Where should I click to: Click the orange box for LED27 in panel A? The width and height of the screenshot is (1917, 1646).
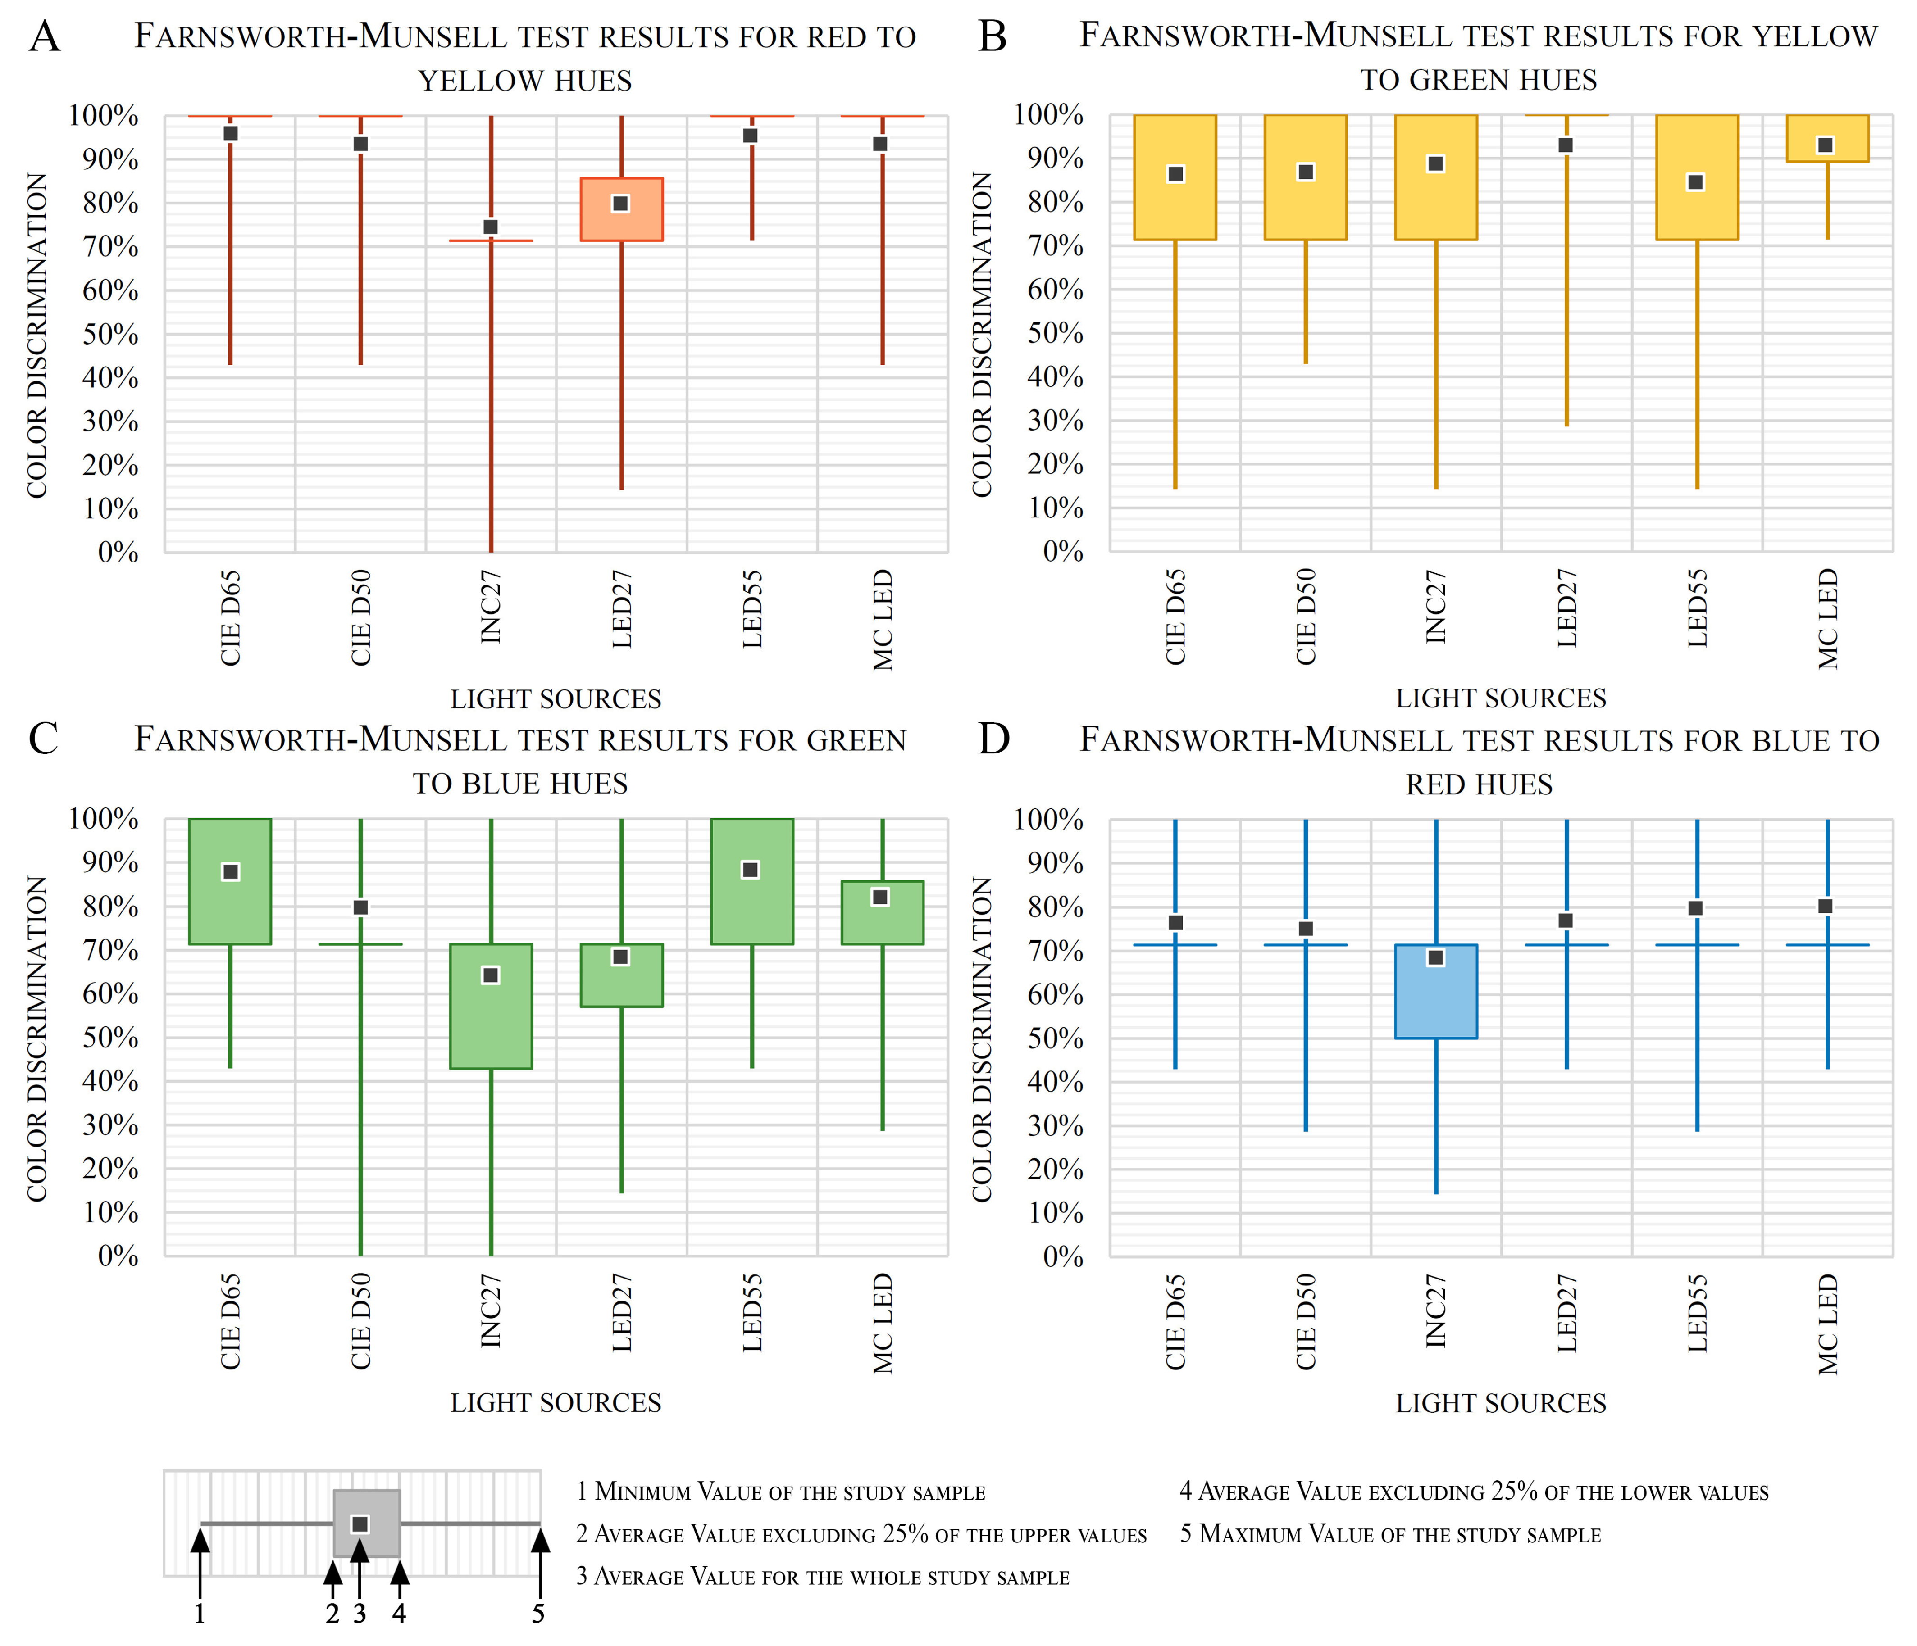tap(621, 222)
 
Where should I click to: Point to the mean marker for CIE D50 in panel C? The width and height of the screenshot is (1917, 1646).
tap(361, 907)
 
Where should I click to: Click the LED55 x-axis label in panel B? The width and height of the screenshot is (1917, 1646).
tap(1697, 608)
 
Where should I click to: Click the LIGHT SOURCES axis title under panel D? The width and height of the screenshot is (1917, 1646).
tap(1501, 1403)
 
